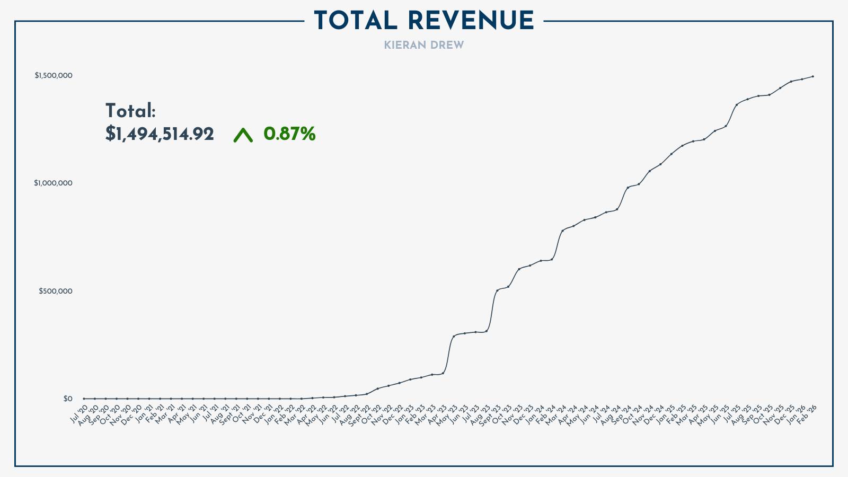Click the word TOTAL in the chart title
(356, 21)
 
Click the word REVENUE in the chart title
(471, 21)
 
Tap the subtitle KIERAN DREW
(423, 46)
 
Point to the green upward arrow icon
(243, 136)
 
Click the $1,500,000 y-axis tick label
(54, 76)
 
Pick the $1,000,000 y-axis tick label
(54, 183)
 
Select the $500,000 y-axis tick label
(56, 291)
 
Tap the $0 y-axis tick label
(68, 399)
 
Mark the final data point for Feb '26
(813, 76)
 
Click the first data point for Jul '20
(84, 399)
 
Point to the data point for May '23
(454, 336)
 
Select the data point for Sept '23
(497, 290)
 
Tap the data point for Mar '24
(562, 231)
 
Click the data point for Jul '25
(737, 104)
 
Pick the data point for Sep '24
(628, 187)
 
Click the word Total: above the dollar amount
(130, 111)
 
